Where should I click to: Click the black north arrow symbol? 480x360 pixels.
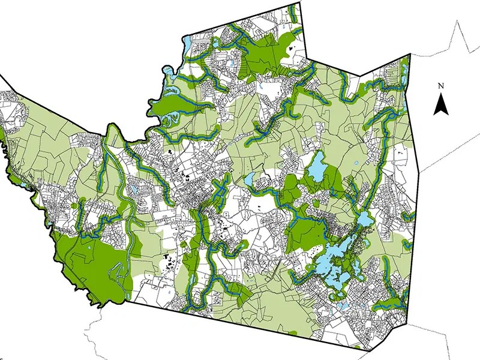tap(441, 106)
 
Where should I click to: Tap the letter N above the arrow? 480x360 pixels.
tap(441, 86)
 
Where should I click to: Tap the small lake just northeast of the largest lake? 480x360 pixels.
tap(364, 218)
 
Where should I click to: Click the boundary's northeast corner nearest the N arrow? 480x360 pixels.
tap(409, 55)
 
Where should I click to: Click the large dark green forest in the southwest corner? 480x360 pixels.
tap(90, 264)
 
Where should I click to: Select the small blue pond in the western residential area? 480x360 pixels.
tap(133, 190)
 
